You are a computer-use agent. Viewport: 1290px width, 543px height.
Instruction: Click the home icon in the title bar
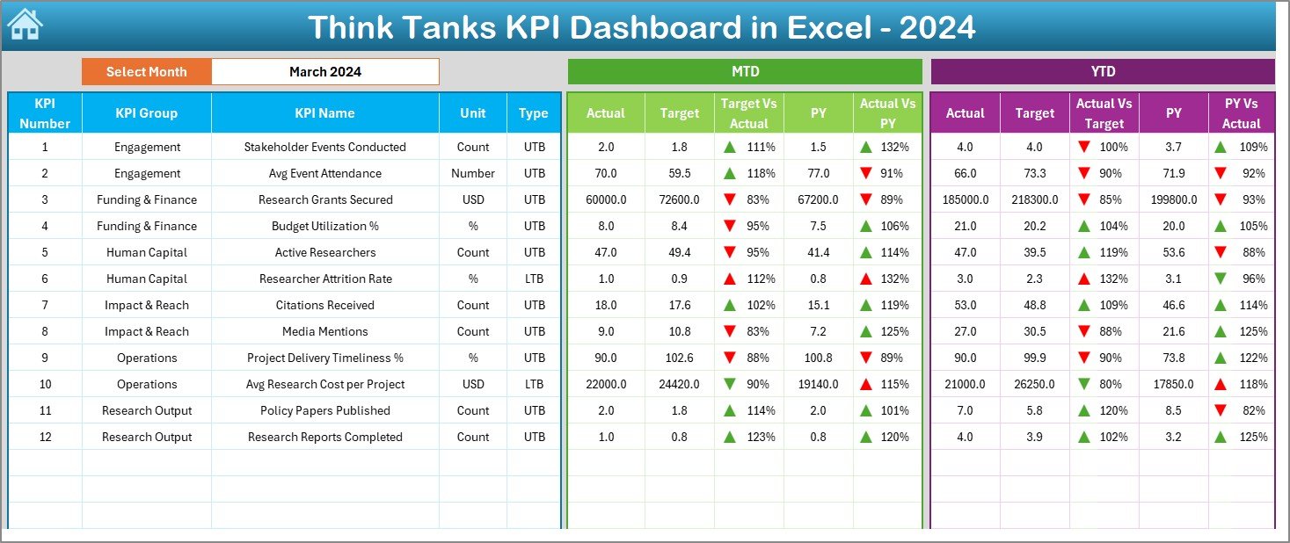[x=24, y=25]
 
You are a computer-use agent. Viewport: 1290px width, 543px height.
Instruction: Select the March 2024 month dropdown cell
[x=324, y=72]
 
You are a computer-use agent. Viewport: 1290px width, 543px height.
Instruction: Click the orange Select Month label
[x=146, y=72]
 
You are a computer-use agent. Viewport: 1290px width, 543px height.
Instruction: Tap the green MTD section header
[x=745, y=72]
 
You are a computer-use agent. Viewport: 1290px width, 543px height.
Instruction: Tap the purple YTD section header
[x=1102, y=72]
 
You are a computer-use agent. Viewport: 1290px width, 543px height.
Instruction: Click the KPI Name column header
[x=324, y=112]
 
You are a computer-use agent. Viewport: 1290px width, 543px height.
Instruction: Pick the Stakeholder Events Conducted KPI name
[x=324, y=147]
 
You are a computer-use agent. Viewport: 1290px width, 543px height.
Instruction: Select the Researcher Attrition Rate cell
[x=324, y=279]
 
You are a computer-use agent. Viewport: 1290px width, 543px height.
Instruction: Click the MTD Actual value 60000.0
[x=606, y=199]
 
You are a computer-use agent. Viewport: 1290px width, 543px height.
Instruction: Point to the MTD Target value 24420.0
[x=679, y=384]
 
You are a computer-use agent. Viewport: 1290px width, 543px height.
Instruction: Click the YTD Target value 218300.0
[x=1034, y=199]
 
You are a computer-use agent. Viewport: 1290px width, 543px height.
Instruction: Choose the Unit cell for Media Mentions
[x=473, y=331]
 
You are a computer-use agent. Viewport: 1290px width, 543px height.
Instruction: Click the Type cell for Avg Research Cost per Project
[x=534, y=384]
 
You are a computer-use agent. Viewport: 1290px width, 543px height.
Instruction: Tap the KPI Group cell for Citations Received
[x=147, y=305]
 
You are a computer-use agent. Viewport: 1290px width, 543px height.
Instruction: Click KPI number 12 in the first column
[x=45, y=437]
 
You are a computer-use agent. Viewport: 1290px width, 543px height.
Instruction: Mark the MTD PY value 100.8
[x=818, y=358]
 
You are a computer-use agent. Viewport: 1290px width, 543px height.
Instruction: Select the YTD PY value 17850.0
[x=1173, y=384]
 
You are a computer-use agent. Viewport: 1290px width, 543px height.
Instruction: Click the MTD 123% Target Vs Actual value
[x=761, y=437]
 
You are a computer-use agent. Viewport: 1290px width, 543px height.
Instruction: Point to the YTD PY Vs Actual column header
[x=1241, y=113]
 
